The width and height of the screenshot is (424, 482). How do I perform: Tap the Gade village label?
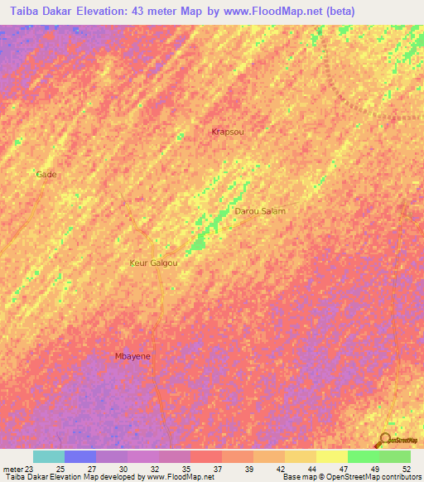(x=46, y=175)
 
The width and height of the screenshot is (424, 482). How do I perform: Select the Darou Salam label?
(x=260, y=211)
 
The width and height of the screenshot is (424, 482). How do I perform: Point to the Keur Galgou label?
(x=154, y=263)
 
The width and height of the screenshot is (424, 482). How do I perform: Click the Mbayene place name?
(x=132, y=356)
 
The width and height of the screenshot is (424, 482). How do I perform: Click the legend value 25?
(x=59, y=468)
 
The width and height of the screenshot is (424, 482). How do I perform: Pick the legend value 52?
(x=405, y=468)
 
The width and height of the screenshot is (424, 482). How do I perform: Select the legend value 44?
(x=311, y=468)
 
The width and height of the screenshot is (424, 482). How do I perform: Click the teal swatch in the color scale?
(x=49, y=456)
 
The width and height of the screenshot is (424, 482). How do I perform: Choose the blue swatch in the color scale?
(x=80, y=456)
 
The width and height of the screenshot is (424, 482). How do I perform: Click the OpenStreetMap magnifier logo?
(x=384, y=441)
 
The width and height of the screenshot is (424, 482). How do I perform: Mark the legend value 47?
(x=342, y=468)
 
